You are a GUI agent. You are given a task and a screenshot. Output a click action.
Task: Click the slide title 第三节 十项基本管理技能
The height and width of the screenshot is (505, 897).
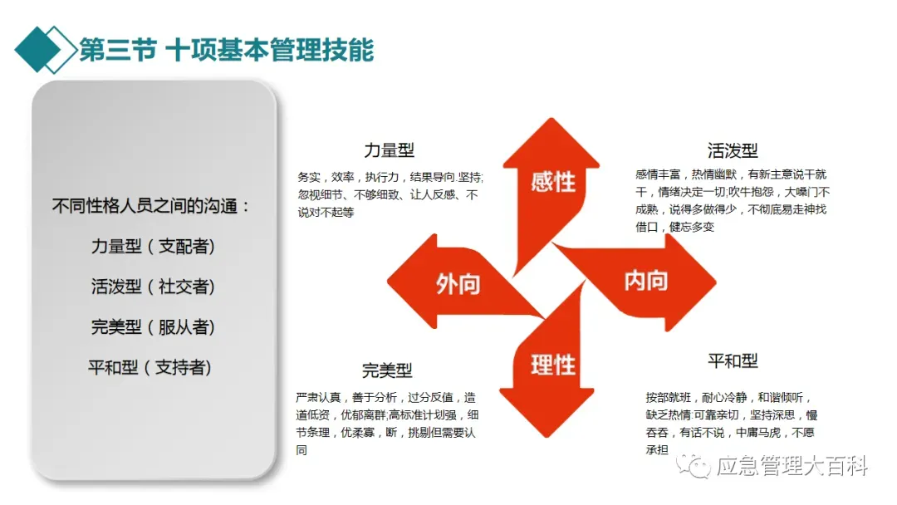click(x=226, y=50)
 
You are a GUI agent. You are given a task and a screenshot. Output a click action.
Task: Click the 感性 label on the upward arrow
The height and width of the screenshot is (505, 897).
click(x=552, y=180)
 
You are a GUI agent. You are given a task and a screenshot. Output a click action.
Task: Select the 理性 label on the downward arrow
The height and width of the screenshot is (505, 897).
click(x=552, y=364)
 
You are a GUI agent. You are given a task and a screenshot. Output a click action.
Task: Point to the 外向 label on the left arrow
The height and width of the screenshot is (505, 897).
click(x=458, y=283)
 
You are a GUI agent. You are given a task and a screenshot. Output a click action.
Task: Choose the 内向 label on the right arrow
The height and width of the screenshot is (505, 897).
click(x=645, y=281)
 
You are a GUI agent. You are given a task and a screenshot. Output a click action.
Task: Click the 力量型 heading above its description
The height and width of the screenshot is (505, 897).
click(x=389, y=150)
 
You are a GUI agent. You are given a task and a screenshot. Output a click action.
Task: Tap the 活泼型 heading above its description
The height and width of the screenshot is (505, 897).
click(x=733, y=150)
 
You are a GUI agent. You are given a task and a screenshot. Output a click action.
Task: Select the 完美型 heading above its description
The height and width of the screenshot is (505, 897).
click(x=387, y=370)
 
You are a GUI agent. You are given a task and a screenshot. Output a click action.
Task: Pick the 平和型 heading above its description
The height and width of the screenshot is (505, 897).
click(x=733, y=360)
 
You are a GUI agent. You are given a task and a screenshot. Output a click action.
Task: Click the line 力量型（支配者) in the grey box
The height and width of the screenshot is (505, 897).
click(x=153, y=247)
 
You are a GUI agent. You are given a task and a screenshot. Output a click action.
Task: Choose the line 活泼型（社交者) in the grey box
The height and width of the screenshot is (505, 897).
click(x=153, y=287)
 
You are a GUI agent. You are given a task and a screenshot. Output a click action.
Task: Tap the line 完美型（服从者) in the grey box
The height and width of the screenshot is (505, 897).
click(x=153, y=326)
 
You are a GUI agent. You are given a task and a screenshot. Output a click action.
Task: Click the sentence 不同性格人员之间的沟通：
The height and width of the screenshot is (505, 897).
click(x=151, y=207)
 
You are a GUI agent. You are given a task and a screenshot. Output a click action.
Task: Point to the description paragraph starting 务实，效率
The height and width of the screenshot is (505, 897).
click(x=390, y=194)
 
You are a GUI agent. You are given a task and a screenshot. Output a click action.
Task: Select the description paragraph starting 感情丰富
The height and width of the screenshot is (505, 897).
click(x=731, y=200)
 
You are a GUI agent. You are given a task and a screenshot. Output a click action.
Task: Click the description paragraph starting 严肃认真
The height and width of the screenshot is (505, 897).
click(x=387, y=423)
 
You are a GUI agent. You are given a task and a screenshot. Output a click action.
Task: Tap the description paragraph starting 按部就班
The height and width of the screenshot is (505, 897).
click(x=731, y=423)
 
